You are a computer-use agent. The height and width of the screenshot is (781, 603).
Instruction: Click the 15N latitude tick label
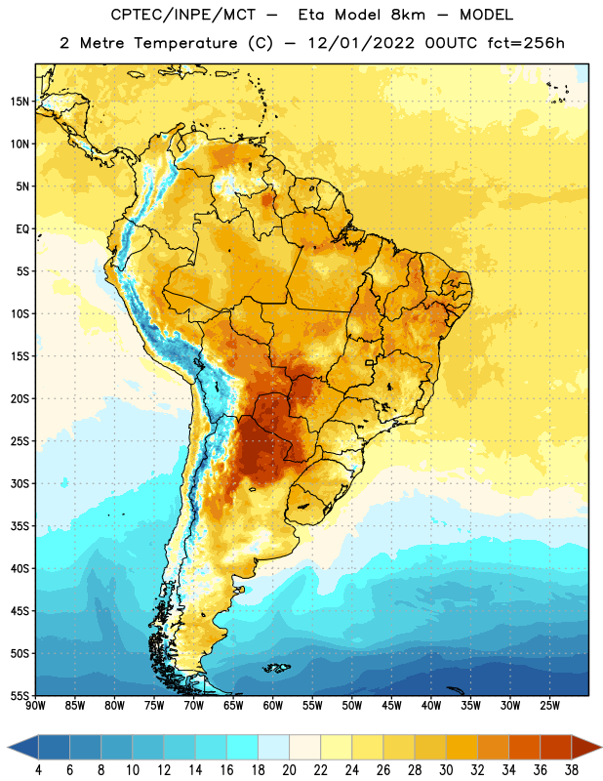20,102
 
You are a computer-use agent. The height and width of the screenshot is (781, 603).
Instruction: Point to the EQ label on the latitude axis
22,229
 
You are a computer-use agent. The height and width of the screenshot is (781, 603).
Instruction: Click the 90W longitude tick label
35,706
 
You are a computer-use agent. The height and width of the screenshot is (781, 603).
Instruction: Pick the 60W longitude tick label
273,706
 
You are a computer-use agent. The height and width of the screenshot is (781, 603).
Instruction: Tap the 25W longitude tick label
549,706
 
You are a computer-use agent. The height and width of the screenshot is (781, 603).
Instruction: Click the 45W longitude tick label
391,706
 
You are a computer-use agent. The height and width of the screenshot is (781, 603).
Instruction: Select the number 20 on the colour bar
289,770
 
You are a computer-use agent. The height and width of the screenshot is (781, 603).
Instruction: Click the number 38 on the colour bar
572,770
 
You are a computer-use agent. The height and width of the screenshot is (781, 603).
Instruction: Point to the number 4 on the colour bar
38,770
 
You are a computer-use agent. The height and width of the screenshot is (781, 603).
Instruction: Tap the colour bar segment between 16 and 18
243,747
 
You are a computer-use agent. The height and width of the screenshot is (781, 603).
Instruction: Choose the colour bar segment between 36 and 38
556,747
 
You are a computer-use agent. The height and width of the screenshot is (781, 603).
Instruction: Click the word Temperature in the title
185,43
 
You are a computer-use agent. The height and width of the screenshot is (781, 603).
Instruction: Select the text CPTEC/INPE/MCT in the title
182,15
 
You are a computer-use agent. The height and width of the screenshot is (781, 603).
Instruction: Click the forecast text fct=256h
526,43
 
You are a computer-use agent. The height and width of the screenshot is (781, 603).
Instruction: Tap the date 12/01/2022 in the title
361,43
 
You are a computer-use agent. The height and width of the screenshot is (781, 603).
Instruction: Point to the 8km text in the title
408,15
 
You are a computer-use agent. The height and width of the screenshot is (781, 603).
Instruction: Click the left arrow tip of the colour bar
8,747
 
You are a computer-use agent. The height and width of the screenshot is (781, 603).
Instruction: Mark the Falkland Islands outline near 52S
277,668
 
